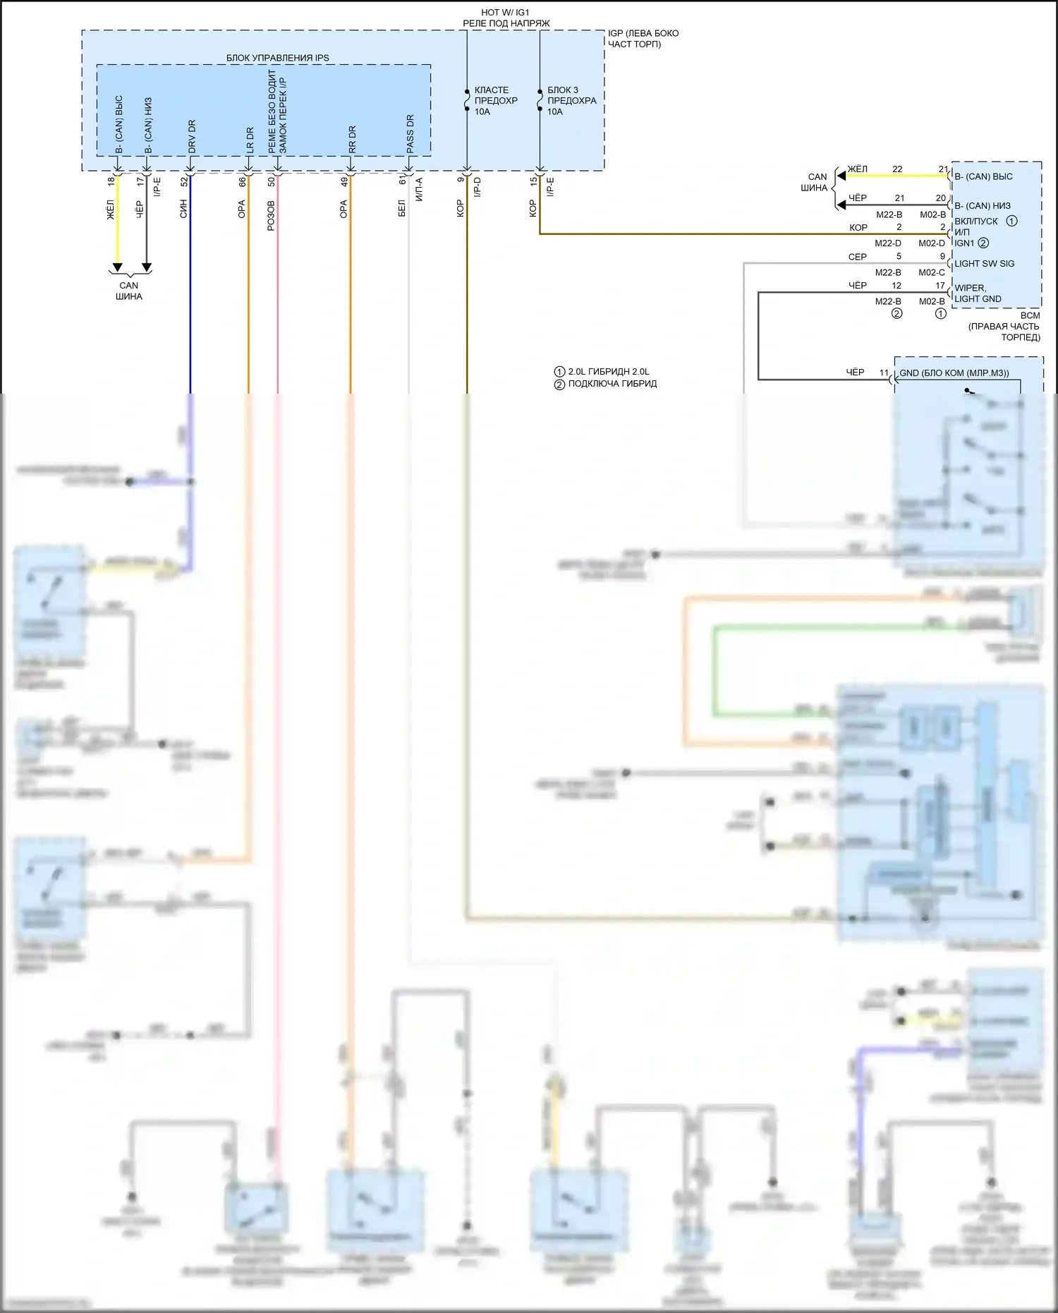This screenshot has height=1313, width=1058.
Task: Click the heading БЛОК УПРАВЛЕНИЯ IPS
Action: point(277,58)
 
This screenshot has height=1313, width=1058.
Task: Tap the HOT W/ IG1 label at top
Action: point(505,13)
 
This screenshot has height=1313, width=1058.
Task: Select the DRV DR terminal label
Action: point(192,136)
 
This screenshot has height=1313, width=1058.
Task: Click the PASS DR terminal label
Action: point(410,133)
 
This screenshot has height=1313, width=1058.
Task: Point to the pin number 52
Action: point(184,181)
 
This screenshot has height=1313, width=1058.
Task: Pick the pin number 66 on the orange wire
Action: point(242,181)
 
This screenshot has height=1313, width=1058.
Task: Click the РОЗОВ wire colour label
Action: point(271,216)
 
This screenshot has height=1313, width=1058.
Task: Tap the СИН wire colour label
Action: point(183,209)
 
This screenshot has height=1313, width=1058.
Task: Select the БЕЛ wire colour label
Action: point(401,209)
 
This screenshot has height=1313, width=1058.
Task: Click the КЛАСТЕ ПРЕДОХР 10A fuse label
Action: point(495,101)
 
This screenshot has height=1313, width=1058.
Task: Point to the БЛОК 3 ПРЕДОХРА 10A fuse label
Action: point(571,101)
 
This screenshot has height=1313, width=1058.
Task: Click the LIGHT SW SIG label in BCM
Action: point(984,264)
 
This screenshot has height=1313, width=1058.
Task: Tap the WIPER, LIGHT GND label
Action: point(978,294)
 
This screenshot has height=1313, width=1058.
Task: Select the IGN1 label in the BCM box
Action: point(964,243)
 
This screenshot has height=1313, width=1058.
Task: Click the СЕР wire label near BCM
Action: point(857,257)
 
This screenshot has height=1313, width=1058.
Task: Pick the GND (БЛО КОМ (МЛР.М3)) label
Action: point(954,373)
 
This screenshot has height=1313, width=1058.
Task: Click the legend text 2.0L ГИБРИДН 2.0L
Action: point(608,372)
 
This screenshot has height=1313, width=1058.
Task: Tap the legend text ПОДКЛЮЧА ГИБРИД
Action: point(612,384)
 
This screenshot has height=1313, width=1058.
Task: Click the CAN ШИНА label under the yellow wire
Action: point(129,291)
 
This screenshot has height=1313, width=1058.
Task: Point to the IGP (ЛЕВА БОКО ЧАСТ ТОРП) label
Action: point(643,39)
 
